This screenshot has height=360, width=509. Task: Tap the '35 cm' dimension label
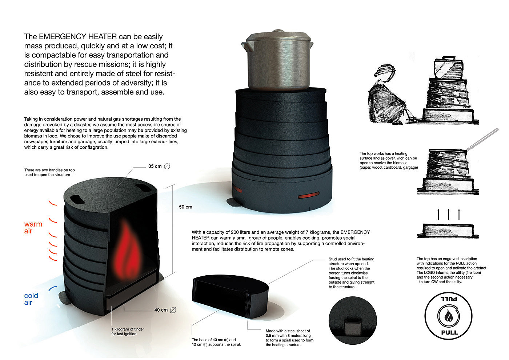click(x=155, y=166)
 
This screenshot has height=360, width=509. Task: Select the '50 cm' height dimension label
click(x=185, y=207)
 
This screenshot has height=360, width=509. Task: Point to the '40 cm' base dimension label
click(x=161, y=310)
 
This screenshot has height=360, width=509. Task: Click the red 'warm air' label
click(x=33, y=227)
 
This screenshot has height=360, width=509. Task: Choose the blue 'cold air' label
click(x=31, y=299)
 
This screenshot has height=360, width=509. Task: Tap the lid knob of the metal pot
click(x=278, y=31)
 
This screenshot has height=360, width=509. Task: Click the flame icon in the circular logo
click(x=448, y=316)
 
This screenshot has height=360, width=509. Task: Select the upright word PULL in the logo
click(x=449, y=332)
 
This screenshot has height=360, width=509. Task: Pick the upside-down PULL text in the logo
click(x=449, y=299)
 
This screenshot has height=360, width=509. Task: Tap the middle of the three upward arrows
click(x=448, y=214)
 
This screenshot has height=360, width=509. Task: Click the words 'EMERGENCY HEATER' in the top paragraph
click(x=78, y=36)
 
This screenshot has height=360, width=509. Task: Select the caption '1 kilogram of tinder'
click(x=128, y=329)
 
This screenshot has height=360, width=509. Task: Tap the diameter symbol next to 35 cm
click(x=167, y=167)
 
